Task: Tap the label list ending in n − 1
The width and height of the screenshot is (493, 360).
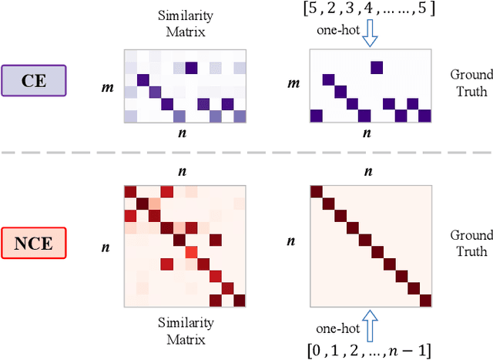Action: pyautogui.click(x=369, y=346)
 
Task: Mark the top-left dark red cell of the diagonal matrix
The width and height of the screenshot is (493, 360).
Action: pyautogui.click(x=316, y=192)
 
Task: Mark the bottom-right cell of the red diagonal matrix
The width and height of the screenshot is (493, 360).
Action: pyautogui.click(x=424, y=300)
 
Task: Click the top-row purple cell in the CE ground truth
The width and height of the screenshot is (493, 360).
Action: pyautogui.click(x=376, y=67)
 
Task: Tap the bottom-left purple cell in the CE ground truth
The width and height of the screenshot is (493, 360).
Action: pyautogui.click(x=316, y=116)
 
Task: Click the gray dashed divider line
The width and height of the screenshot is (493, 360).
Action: pyautogui.click(x=246, y=153)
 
